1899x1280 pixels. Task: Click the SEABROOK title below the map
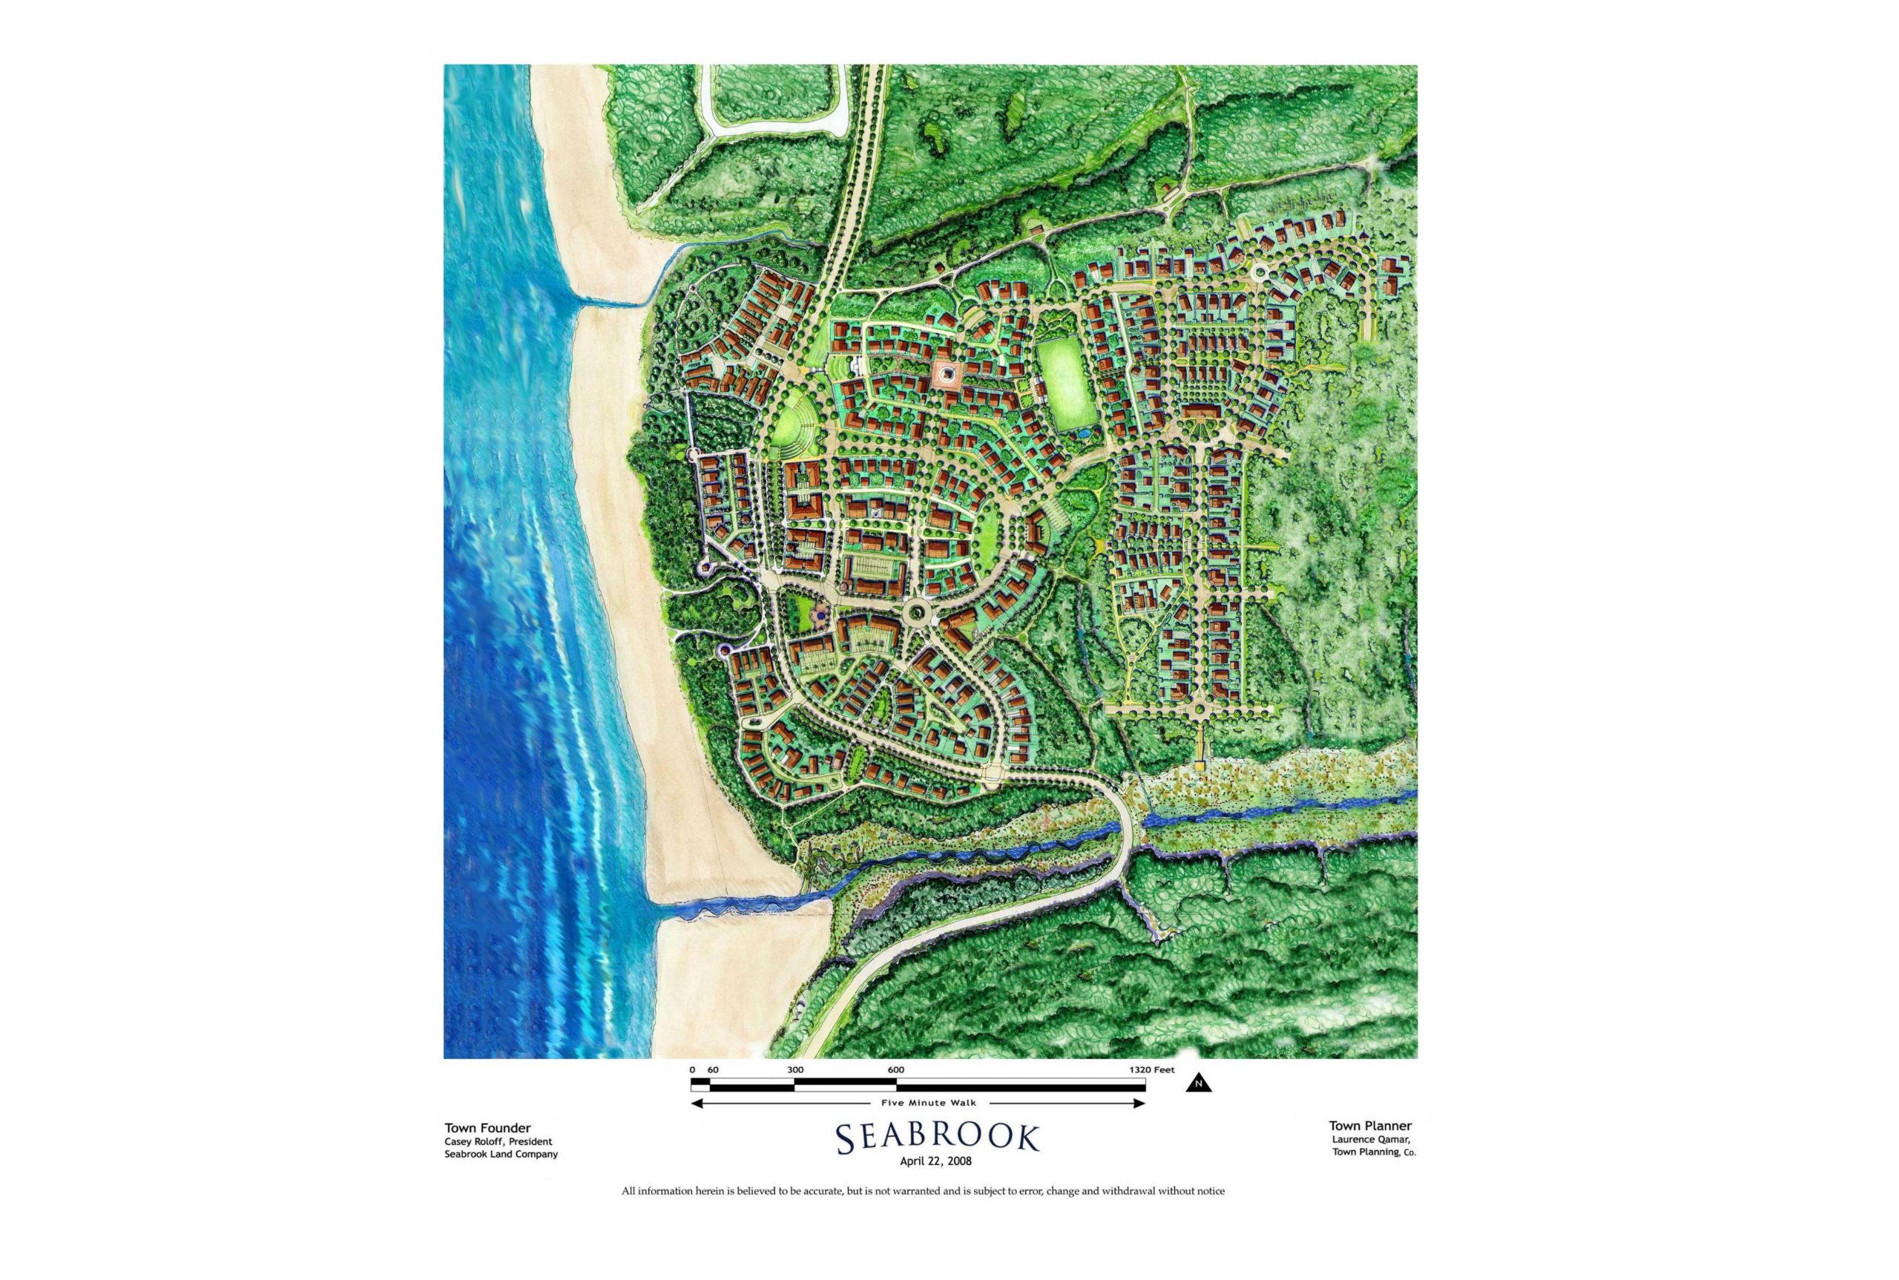[x=938, y=1138]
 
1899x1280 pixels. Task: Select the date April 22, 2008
[x=935, y=1161]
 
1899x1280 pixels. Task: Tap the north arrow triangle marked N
[x=1199, y=1083]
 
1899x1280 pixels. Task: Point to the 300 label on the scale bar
[x=795, y=1069]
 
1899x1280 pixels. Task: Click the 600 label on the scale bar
[x=895, y=1069]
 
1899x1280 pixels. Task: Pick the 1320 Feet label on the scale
[x=1151, y=1069]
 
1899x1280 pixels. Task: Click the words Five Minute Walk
[x=928, y=1103]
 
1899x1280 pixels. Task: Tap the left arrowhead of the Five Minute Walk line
[x=696, y=1103]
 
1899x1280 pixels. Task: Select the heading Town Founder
[x=487, y=1128]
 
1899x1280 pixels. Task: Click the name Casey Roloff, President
[x=498, y=1141]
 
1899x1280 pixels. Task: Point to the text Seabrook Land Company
[x=500, y=1155]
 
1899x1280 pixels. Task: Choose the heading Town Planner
[x=1370, y=1126]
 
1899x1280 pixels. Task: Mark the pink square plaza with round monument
[x=947, y=375]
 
